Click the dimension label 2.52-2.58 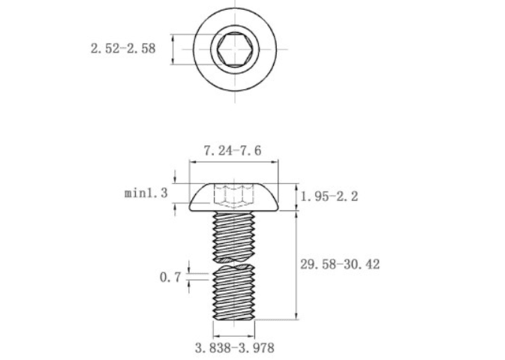123,49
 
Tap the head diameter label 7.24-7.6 233,151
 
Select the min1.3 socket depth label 146,193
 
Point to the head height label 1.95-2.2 329,196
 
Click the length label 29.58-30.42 340,264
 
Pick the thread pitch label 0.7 170,277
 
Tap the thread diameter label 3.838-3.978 235,348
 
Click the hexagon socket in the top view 234,49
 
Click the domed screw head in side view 234,197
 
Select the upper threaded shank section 234,236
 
